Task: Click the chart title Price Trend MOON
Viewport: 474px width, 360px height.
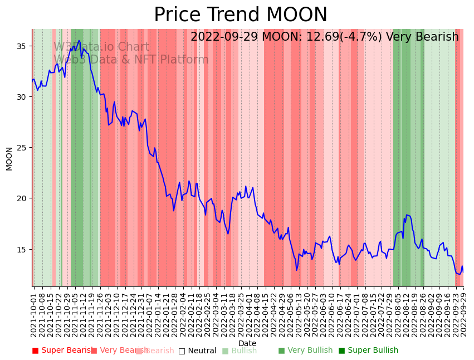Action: pyautogui.click(x=241, y=15)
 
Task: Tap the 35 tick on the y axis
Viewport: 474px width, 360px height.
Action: pyautogui.click(x=23, y=46)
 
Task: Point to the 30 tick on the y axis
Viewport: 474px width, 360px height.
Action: pyautogui.click(x=23, y=97)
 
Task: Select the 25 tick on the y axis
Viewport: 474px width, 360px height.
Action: pyautogui.click(x=23, y=148)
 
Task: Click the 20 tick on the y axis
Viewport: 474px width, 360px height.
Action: pyautogui.click(x=23, y=198)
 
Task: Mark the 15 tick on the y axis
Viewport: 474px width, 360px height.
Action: pyautogui.click(x=23, y=249)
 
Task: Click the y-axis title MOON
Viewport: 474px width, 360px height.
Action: pyautogui.click(x=9, y=158)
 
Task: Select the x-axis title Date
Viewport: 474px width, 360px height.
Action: pyautogui.click(x=247, y=344)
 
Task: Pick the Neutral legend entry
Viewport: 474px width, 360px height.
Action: pyautogui.click(x=198, y=351)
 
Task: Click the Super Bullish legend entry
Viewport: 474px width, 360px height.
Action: pyautogui.click(x=368, y=351)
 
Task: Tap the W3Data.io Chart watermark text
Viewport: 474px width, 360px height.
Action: pyautogui.click(x=101, y=47)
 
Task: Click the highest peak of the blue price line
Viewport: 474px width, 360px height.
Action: pyautogui.click(x=80, y=40)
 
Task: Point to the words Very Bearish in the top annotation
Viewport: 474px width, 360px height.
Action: pyautogui.click(x=426, y=37)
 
